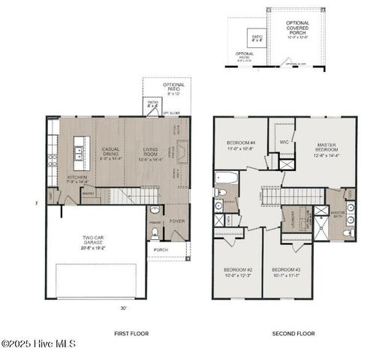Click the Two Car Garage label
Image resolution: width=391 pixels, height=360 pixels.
point(94,241)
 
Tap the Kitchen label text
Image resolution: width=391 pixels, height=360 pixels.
point(77,178)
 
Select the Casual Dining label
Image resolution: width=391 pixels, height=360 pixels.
point(112,154)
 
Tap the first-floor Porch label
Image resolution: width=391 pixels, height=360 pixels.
point(161,250)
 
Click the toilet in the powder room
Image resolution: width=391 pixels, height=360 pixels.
point(155,211)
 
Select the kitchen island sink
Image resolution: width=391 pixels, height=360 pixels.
point(78,154)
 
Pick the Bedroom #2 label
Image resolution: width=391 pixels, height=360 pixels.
point(237,272)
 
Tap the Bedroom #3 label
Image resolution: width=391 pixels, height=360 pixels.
point(286,272)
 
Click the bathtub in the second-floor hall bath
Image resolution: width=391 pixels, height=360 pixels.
point(226,178)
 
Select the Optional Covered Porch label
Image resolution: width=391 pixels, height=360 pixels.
point(298,30)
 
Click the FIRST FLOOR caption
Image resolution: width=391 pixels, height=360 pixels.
point(131,333)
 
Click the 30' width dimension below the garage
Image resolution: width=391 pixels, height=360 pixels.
point(123,307)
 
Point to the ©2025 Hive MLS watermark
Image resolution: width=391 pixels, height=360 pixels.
point(38,344)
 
